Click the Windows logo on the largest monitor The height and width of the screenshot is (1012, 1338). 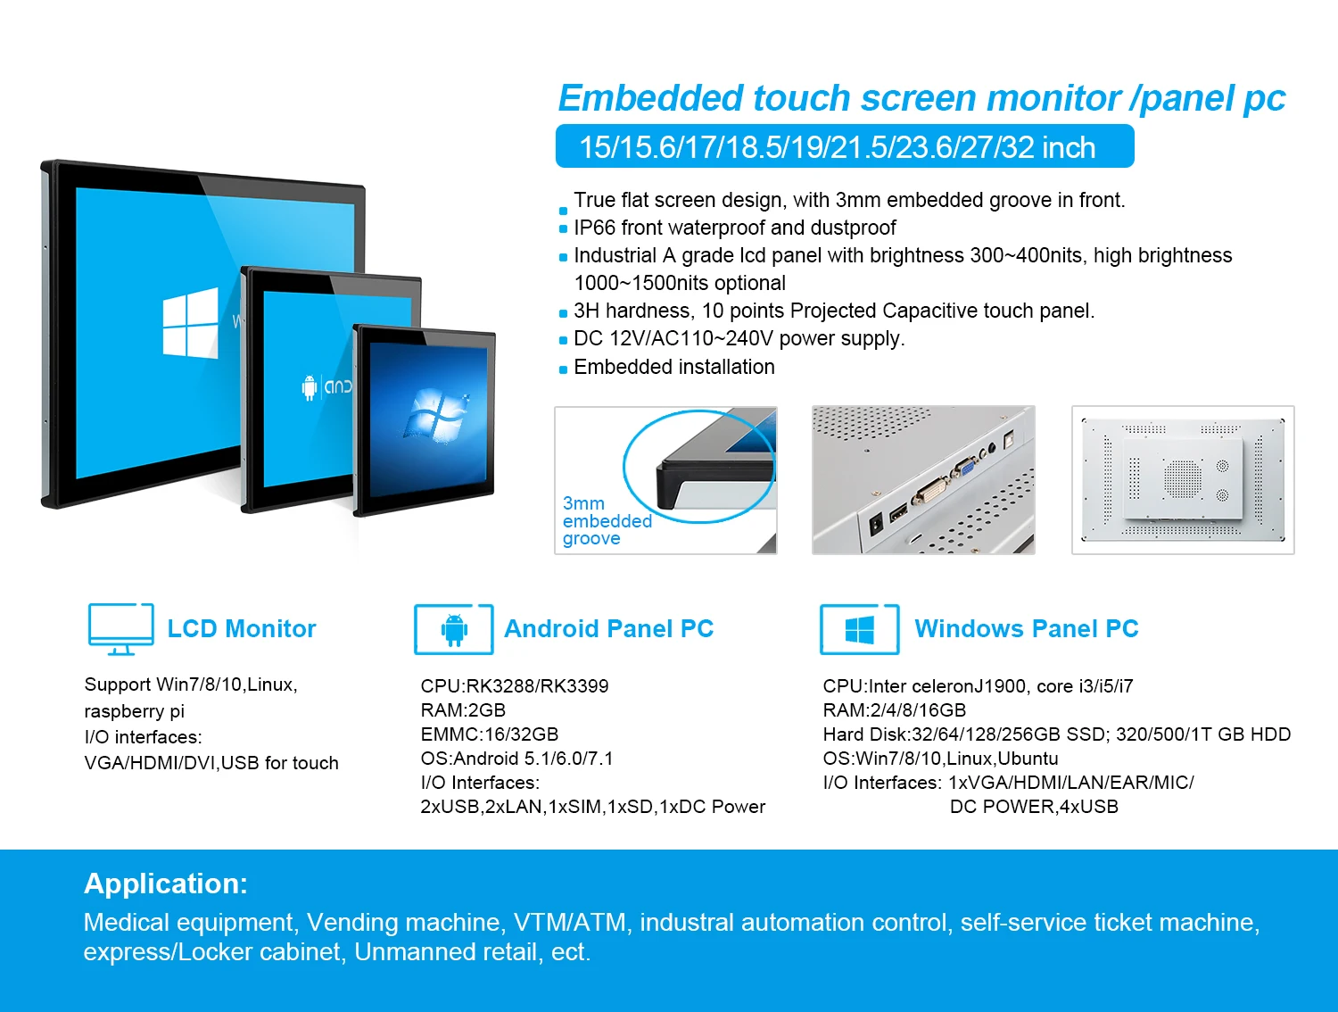(190, 323)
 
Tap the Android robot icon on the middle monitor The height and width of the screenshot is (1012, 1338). (310, 387)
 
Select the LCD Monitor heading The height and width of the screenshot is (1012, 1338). (242, 629)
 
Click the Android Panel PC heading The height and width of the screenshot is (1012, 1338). (608, 629)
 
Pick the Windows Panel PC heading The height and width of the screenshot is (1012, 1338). (1026, 629)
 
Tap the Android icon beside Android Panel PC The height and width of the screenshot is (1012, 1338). (454, 629)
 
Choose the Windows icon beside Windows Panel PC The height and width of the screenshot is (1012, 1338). (859, 630)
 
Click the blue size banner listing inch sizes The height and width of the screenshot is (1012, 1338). (844, 147)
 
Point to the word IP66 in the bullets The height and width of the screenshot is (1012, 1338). (595, 228)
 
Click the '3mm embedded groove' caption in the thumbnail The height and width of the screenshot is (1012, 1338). (607, 521)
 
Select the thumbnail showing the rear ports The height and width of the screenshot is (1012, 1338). (923, 480)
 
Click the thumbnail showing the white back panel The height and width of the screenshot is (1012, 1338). (1183, 480)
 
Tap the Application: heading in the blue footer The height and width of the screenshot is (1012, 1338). (166, 883)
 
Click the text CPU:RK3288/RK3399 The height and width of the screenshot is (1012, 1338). (515, 686)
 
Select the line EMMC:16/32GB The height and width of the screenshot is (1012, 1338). (490, 734)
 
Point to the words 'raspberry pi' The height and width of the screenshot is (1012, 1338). (134, 711)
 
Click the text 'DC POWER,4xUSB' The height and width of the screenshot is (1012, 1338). (1034, 807)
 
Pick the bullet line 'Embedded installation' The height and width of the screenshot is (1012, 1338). (673, 368)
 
